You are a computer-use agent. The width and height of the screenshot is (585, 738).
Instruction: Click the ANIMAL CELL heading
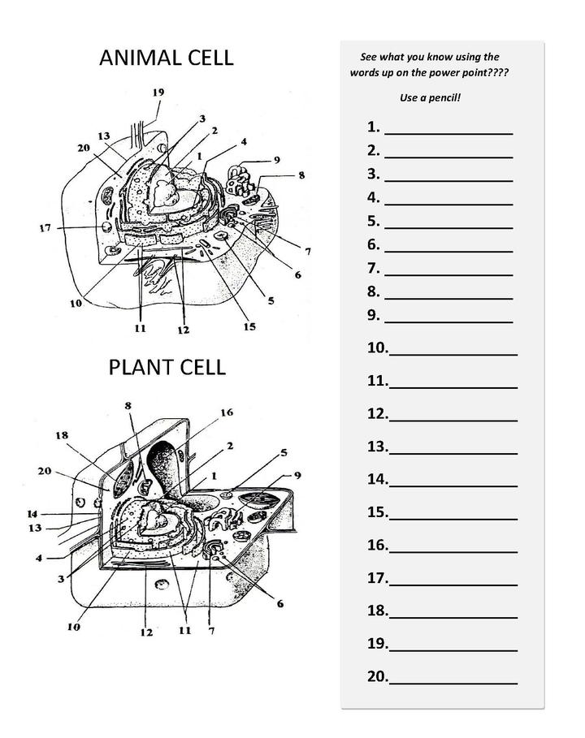tap(166, 58)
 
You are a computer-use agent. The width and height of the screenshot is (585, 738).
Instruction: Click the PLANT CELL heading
tap(167, 367)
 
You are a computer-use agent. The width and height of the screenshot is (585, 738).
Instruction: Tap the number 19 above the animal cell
tap(158, 93)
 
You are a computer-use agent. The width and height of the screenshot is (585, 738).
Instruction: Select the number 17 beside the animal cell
tap(45, 228)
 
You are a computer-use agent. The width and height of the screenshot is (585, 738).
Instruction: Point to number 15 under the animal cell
tap(249, 326)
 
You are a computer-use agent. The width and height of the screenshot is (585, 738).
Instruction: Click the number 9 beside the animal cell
tap(276, 159)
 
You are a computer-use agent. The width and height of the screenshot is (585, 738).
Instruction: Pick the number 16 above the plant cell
tap(226, 412)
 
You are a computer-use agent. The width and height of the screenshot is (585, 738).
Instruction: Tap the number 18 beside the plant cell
tap(62, 435)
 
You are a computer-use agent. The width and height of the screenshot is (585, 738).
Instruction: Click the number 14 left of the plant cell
tap(32, 514)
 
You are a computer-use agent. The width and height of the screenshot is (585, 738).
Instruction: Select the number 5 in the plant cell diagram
tap(284, 452)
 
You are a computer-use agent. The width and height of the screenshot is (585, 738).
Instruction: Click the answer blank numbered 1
tap(448, 128)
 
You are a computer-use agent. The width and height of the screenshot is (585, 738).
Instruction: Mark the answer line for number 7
tap(448, 270)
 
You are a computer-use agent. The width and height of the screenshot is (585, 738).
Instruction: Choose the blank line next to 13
tap(453, 447)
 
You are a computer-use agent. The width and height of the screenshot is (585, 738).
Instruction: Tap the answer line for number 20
tap(453, 677)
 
